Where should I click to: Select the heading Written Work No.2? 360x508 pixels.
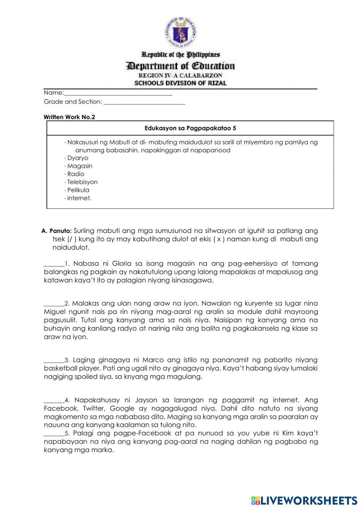(x=69, y=117)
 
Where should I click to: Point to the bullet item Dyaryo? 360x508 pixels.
(x=77, y=158)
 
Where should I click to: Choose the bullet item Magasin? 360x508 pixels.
(x=80, y=166)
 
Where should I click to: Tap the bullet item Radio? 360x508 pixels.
(x=76, y=174)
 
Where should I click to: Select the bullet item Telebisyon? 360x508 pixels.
(x=82, y=182)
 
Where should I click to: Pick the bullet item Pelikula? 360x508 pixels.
(x=78, y=190)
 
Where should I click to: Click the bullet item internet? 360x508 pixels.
(x=79, y=198)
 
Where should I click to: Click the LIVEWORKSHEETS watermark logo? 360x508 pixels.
(x=304, y=500)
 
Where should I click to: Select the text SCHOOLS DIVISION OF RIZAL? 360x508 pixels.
(x=180, y=83)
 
